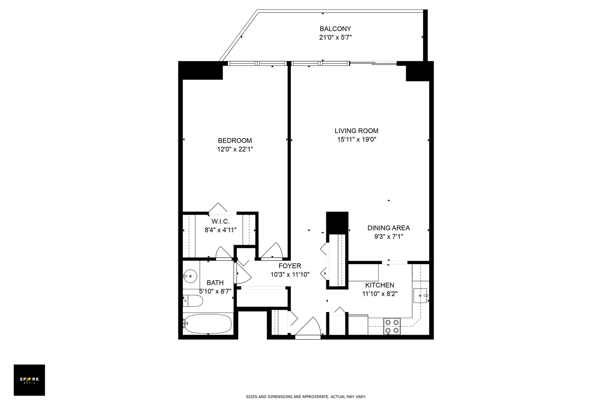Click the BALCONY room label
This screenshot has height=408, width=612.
click(x=335, y=29)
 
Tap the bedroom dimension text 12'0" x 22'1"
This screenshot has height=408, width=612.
click(x=235, y=149)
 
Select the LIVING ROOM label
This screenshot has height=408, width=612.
click(x=356, y=131)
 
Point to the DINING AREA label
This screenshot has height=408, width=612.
click(x=388, y=228)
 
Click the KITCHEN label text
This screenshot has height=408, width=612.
click(x=379, y=285)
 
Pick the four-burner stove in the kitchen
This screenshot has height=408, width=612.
click(x=392, y=326)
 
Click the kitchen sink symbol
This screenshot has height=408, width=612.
click(x=420, y=295)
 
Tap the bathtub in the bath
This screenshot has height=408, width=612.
click(x=207, y=324)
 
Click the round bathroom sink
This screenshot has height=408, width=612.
click(x=190, y=276)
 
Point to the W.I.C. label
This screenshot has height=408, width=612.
click(x=220, y=221)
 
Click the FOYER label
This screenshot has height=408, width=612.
click(x=290, y=266)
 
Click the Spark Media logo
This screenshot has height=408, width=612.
click(x=29, y=380)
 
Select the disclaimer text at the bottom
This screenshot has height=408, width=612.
click(x=306, y=397)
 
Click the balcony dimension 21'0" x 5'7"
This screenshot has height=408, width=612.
click(x=335, y=37)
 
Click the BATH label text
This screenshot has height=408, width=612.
click(x=215, y=283)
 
